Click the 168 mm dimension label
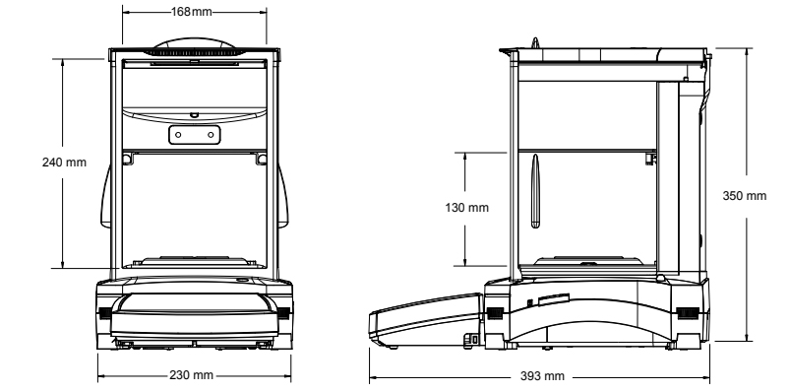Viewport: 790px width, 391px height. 192,12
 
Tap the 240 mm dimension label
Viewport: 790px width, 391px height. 64,163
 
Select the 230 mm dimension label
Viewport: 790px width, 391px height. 191,375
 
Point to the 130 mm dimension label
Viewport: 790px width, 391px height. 466,208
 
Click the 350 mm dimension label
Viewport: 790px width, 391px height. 744,196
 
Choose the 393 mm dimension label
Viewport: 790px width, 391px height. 542,376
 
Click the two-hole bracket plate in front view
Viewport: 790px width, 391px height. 195,135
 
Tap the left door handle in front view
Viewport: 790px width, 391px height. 105,196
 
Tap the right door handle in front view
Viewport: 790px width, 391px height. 283,196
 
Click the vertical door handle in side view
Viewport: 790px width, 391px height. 535,191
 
